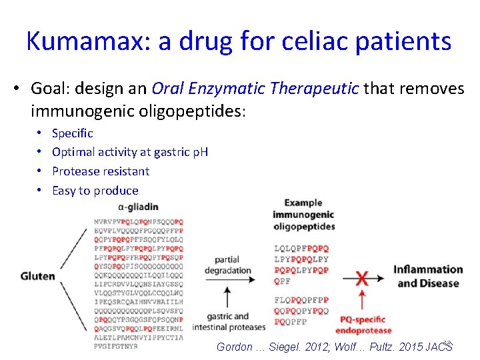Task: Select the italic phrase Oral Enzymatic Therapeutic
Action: pyautogui.click(x=255, y=89)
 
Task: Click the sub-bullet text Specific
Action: pyautogui.click(x=72, y=133)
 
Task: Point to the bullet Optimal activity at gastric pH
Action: pyautogui.click(x=129, y=152)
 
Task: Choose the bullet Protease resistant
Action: pyautogui.click(x=101, y=171)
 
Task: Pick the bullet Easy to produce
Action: pyautogui.click(x=95, y=191)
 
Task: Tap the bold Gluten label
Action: pyautogui.click(x=37, y=276)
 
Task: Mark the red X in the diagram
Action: pyautogui.click(x=362, y=277)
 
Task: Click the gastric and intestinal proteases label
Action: pyautogui.click(x=228, y=321)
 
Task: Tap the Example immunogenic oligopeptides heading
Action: pyautogui.click(x=303, y=214)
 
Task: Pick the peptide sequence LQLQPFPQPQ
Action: pyautogui.click(x=301, y=249)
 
